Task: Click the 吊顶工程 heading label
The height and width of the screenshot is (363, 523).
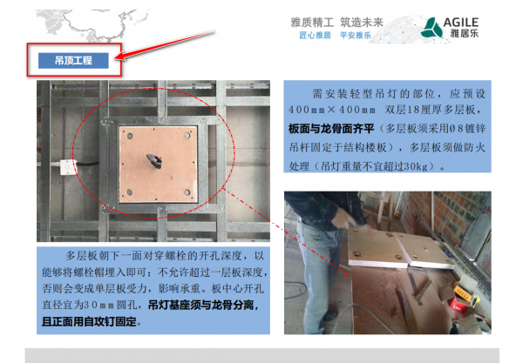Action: (73, 60)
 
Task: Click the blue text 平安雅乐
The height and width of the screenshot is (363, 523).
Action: (356, 36)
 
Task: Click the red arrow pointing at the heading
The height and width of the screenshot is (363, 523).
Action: (166, 47)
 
